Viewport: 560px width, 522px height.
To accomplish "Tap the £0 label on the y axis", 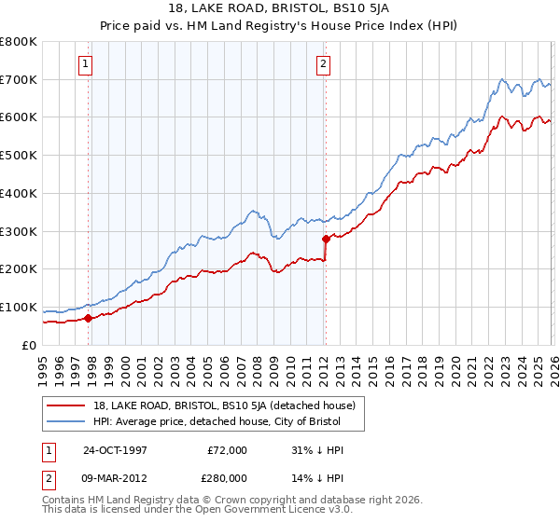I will tap(29, 345).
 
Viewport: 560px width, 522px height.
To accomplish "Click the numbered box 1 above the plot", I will tap(85, 64).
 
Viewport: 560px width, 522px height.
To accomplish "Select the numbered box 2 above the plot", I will tap(323, 64).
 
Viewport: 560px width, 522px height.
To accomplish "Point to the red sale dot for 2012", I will tap(326, 239).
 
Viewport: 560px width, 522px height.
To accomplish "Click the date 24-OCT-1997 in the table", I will tap(117, 450).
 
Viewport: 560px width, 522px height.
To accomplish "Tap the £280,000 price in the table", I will tap(228, 477).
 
